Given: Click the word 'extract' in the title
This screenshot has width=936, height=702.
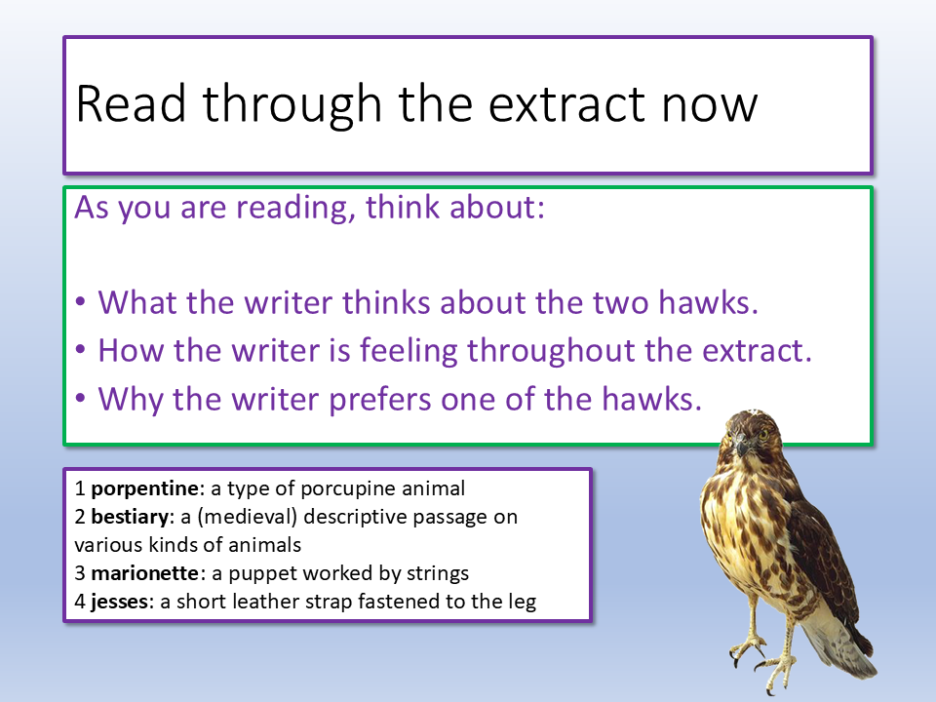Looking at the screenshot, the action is point(567,104).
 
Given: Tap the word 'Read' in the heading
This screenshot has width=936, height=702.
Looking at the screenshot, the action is point(131,104).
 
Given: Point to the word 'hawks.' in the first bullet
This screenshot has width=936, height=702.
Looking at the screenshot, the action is point(709,301).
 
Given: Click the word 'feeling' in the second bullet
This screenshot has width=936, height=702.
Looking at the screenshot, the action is point(409,351).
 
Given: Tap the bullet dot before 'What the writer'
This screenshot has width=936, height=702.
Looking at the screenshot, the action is point(81,301).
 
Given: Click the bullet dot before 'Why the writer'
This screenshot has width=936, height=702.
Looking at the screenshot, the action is point(81,398).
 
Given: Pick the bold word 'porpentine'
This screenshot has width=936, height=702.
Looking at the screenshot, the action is point(144,488).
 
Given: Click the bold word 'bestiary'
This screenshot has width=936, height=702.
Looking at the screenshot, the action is point(130,517).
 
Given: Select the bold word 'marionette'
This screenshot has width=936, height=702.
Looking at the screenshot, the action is point(144,573).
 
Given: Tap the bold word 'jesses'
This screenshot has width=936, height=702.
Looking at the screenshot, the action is point(119,602).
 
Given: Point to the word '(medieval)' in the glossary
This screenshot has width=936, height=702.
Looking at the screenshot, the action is point(247,517).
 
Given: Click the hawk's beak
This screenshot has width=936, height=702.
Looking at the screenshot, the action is point(741,447).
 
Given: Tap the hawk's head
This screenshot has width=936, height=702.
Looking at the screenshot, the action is point(751,435).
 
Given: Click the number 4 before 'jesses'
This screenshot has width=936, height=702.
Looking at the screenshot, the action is point(80,602).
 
